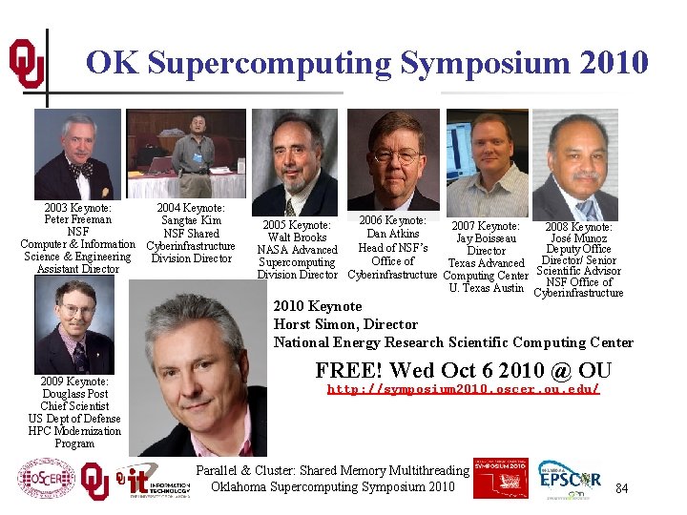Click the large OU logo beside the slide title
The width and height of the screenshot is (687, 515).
click(x=26, y=64)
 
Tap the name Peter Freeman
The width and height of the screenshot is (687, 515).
click(x=77, y=219)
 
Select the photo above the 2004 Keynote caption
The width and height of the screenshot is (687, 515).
click(x=186, y=153)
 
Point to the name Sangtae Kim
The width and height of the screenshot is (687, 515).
click(x=191, y=220)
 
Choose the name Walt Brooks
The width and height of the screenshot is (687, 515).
click(x=298, y=237)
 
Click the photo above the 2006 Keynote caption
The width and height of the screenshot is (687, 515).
click(x=393, y=158)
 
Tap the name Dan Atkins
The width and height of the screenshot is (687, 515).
click(x=393, y=234)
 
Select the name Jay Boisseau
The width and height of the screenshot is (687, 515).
click(x=487, y=238)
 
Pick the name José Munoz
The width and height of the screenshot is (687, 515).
click(x=578, y=238)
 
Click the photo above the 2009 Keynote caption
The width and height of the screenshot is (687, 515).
click(x=73, y=325)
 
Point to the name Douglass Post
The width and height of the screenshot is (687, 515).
click(x=74, y=394)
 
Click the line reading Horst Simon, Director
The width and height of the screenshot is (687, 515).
click(x=345, y=324)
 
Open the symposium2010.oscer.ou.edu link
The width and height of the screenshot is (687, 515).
click(x=463, y=389)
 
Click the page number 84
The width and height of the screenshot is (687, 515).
click(x=622, y=489)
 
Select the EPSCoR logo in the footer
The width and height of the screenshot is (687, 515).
click(x=570, y=480)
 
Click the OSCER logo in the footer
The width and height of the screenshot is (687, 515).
click(x=46, y=480)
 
